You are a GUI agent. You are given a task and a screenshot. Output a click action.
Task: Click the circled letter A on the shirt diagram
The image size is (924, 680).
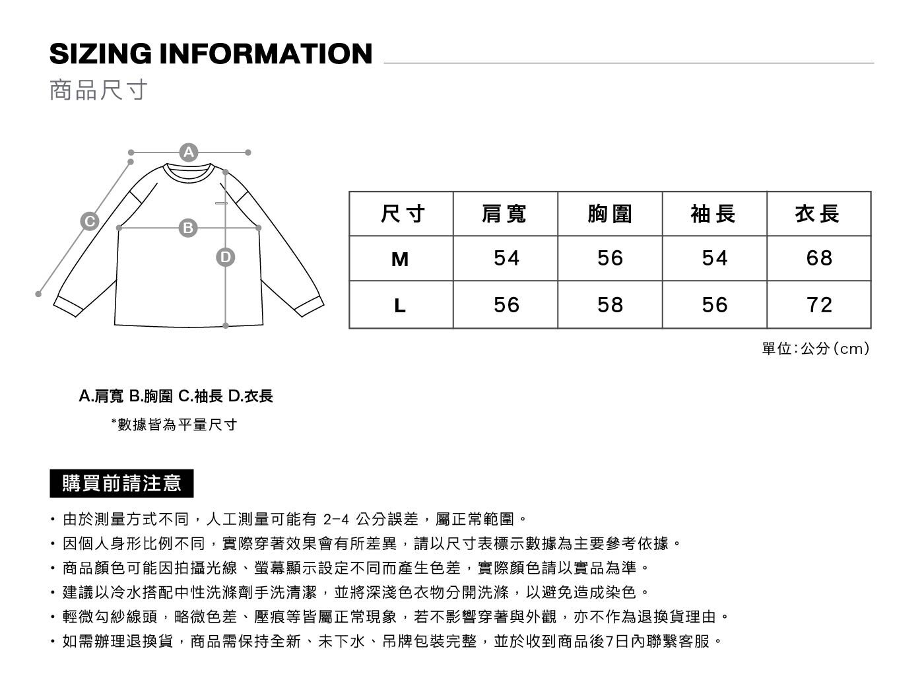[x=189, y=153]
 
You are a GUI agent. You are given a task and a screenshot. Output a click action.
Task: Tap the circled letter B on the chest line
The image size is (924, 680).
[x=188, y=228]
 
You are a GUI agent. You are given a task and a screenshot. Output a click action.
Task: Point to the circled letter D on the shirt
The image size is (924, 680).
[x=226, y=257]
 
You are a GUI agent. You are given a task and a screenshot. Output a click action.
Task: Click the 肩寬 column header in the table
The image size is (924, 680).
[x=504, y=214]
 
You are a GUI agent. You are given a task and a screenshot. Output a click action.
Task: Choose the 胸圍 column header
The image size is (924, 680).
[x=610, y=214]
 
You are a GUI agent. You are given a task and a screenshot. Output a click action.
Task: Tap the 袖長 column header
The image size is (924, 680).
[x=713, y=214]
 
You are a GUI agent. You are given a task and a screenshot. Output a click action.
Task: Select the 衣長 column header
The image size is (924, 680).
[x=818, y=214]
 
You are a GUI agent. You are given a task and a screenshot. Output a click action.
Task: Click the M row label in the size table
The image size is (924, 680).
[x=400, y=259]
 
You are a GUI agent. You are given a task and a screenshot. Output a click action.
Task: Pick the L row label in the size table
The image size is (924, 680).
[x=400, y=306]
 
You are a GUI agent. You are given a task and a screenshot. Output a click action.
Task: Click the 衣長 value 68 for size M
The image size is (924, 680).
[x=819, y=258]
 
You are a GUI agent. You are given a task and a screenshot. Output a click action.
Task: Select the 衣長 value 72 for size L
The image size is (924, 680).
[x=819, y=305]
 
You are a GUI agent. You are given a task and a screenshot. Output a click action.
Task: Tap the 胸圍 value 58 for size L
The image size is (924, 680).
[x=610, y=305]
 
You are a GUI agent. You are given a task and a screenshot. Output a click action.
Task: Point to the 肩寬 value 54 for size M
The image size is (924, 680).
[x=507, y=258]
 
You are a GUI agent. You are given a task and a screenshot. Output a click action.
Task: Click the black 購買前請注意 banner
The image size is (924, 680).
[x=121, y=483]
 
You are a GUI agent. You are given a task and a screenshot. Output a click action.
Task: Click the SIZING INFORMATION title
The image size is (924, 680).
[x=211, y=53]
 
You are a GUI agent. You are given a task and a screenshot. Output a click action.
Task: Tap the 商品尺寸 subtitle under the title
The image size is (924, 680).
[x=98, y=90]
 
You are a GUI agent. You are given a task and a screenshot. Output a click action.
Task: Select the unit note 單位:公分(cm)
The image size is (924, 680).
[x=816, y=349]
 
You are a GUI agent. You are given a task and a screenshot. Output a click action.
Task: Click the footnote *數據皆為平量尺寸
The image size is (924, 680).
[x=174, y=425]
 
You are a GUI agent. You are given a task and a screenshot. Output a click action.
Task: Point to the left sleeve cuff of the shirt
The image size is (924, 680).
[x=68, y=306]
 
